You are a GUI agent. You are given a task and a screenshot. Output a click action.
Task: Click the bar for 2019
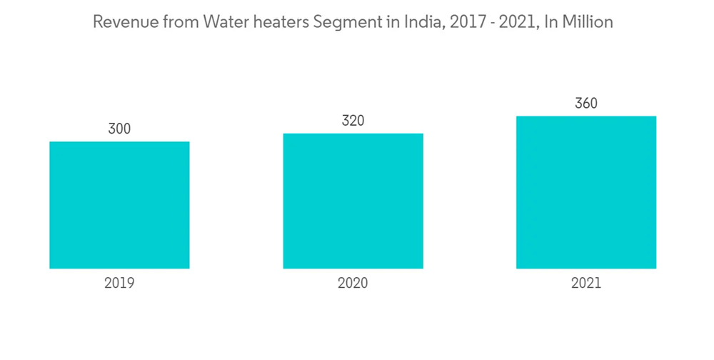(x=119, y=205)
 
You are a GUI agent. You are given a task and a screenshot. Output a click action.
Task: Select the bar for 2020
(x=353, y=201)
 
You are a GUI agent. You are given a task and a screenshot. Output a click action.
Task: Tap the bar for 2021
(x=586, y=192)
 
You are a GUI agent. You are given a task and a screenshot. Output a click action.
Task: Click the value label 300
(x=119, y=129)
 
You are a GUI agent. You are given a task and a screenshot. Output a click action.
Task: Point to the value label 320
(x=353, y=121)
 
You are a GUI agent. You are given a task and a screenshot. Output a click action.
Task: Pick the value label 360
(x=586, y=104)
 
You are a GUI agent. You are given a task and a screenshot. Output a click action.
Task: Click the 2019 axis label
(x=119, y=283)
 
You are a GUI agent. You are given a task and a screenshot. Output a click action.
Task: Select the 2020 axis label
(x=353, y=283)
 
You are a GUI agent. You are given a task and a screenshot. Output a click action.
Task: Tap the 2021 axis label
(x=586, y=283)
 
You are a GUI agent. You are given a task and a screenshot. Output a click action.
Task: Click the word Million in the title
(x=588, y=23)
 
